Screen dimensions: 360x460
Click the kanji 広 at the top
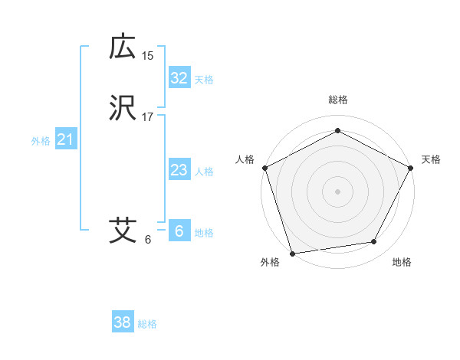123,48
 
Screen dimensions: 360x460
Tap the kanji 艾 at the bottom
123,230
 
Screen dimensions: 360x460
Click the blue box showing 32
179,77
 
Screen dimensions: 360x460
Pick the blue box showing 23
179,170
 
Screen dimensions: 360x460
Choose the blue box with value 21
66,139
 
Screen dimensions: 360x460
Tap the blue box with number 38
123,322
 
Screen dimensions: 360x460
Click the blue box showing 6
179,231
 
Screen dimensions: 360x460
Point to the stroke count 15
148,56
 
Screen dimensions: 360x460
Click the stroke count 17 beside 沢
148,117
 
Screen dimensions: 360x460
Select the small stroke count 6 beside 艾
148,240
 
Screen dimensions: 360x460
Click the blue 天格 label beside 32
204,80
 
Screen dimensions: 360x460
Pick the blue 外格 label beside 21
41,141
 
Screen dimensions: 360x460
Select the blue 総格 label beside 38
147,324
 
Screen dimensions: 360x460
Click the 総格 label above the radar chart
337,100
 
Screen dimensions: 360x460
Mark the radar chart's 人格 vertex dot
264,167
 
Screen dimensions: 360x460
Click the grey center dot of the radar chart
337,191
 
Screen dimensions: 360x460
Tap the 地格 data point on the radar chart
374,242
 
